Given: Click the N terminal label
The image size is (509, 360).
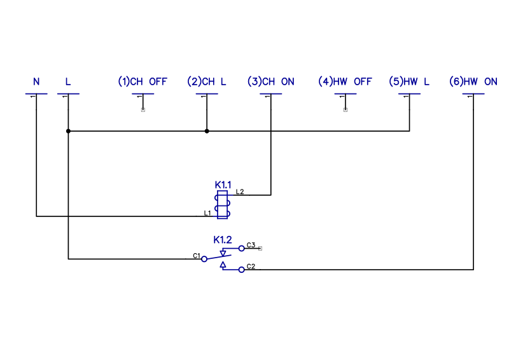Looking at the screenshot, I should click(x=36, y=82).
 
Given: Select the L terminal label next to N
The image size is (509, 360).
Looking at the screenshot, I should click(x=68, y=82).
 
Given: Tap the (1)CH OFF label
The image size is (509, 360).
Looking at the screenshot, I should click(x=143, y=82).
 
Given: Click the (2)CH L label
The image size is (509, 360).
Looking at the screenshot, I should click(x=207, y=82).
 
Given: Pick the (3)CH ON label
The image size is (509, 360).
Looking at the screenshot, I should click(x=271, y=82).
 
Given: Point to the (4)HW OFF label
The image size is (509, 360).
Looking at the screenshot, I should click(x=345, y=82).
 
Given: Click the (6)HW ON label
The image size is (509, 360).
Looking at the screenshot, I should click(x=473, y=82).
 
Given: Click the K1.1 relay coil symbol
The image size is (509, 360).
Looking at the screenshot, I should click(x=222, y=204).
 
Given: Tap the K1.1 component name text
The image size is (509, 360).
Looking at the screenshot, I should click(x=223, y=185).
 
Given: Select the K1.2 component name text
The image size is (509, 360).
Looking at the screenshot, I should click(x=222, y=240).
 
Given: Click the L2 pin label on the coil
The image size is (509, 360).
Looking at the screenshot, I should click(x=240, y=191).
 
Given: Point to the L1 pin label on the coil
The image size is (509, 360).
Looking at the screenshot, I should click(x=207, y=213).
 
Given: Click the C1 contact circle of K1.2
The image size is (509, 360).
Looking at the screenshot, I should click(x=204, y=259).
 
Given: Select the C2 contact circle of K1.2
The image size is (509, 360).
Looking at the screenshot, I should click(x=241, y=270).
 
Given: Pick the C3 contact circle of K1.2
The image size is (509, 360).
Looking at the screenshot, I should click(x=241, y=249).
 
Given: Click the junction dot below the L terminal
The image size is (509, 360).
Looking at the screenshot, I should click(x=68, y=131).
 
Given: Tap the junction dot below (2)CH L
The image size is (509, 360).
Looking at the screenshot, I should click(x=207, y=131).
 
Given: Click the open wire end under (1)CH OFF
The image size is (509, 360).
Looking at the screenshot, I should click(x=143, y=110).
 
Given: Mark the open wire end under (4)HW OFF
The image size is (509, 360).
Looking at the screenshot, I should click(x=345, y=110).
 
